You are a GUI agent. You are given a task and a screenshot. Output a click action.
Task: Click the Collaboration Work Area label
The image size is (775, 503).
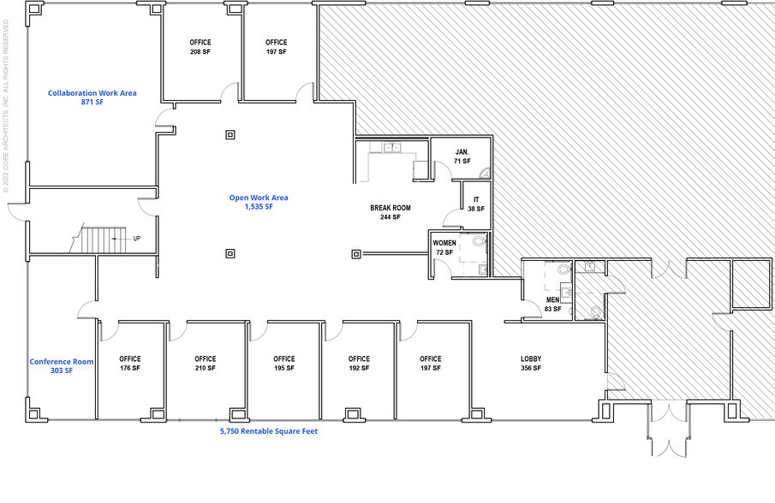(92, 98)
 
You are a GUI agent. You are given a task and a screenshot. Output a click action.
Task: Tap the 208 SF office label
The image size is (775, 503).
(200, 47)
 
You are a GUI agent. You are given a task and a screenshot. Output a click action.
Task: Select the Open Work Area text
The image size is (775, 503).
(258, 202)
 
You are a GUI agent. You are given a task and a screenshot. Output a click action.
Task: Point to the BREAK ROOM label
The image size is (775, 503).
(390, 212)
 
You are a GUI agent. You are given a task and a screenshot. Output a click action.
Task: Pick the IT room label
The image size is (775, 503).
(475, 204)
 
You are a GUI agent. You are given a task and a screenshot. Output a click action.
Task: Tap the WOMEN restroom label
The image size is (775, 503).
(444, 248)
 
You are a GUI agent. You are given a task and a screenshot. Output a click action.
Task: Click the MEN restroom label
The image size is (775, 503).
(552, 304)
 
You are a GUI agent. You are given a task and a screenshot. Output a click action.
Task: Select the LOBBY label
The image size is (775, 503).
(531, 363)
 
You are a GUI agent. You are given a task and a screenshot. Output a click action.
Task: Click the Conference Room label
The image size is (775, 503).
(62, 366)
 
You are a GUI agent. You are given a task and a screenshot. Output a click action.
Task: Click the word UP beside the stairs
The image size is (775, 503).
(137, 239)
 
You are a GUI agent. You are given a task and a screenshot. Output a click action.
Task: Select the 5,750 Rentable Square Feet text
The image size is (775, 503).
(268, 431)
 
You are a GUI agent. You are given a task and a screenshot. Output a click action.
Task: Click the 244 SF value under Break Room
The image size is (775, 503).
(390, 217)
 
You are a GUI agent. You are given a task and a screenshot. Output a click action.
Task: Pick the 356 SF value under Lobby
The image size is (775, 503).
(531, 368)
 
